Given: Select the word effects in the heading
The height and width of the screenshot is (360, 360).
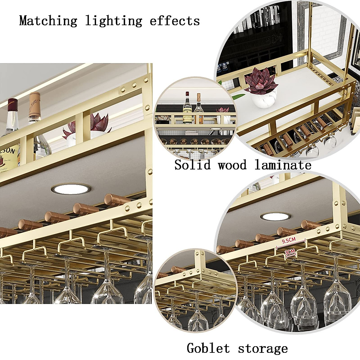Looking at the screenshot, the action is (x=175, y=21).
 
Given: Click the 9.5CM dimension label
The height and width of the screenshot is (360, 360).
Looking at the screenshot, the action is (x=289, y=240).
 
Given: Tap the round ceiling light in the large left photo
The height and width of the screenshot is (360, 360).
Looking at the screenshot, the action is (x=71, y=189).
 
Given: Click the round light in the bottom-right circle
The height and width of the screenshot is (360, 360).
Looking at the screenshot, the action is (x=275, y=217).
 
